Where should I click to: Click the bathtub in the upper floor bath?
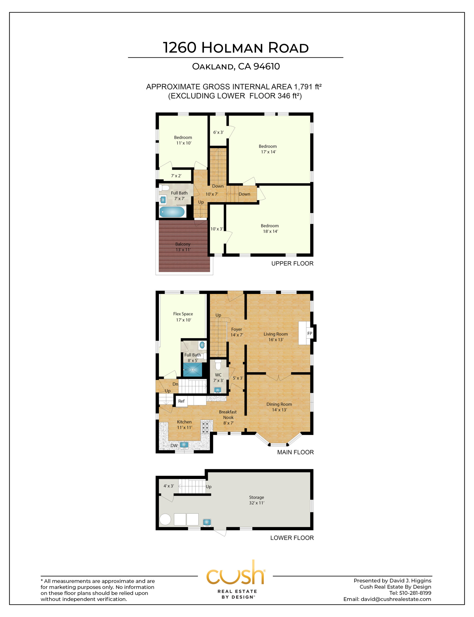tap(172, 212)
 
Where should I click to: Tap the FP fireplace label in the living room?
tap(309, 334)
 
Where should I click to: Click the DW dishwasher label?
tap(174, 446)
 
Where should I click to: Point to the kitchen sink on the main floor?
tap(184, 445)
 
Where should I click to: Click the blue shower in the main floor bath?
tap(193, 369)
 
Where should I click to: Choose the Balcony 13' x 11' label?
tap(183, 247)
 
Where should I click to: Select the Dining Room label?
tap(279, 404)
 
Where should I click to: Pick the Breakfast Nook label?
tap(228, 415)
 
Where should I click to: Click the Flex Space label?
tap(183, 314)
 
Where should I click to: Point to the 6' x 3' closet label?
tap(218, 132)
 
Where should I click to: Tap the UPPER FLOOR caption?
tap(292, 263)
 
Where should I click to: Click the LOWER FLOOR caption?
tap(292, 538)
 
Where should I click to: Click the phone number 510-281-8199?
tap(415, 593)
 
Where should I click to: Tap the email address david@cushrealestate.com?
tap(396, 599)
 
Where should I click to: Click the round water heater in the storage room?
tap(165, 519)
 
